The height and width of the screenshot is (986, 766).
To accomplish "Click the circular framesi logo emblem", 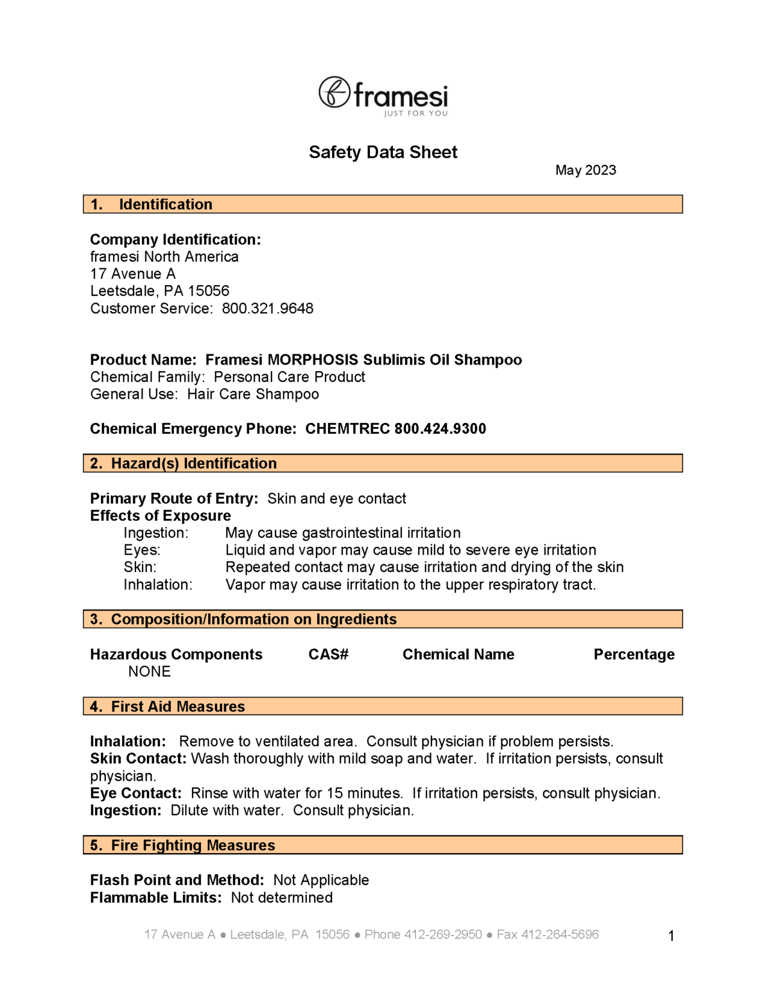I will pyautogui.click(x=335, y=92).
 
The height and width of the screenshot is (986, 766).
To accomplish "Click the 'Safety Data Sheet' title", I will pyautogui.click(x=383, y=152).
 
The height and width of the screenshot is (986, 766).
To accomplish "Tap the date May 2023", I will pyautogui.click(x=586, y=170).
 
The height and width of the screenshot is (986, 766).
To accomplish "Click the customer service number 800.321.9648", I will pyautogui.click(x=268, y=308).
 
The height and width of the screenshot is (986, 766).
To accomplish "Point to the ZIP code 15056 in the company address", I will pyautogui.click(x=209, y=291).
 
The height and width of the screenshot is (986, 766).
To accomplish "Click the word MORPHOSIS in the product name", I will pyautogui.click(x=313, y=359).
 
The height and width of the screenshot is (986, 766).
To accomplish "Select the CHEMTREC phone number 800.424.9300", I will pyautogui.click(x=440, y=429).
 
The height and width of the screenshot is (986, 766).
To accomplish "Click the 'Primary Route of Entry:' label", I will pyautogui.click(x=174, y=499).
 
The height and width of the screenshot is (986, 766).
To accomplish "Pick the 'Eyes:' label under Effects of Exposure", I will pyautogui.click(x=142, y=550).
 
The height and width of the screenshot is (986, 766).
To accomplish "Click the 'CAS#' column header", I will pyautogui.click(x=328, y=654).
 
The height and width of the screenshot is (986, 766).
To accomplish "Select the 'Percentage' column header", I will pyautogui.click(x=634, y=654).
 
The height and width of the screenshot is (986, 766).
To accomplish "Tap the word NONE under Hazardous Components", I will pyautogui.click(x=150, y=671).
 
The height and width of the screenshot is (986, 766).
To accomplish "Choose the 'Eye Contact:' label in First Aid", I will pyautogui.click(x=135, y=793).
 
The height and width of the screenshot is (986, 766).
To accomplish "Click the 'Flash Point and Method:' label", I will pyautogui.click(x=177, y=880).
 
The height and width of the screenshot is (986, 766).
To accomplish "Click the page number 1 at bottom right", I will pyautogui.click(x=671, y=936).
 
